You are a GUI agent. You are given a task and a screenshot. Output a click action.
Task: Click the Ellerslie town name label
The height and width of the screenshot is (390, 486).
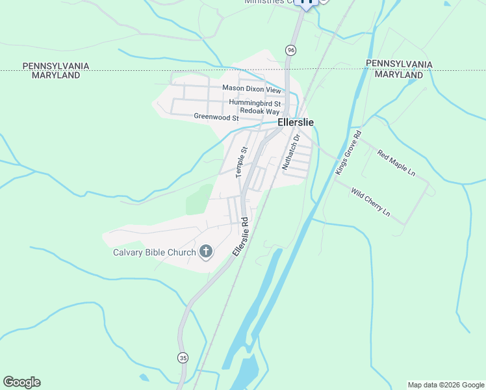296,122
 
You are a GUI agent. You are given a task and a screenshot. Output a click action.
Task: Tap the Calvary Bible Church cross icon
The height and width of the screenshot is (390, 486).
206,252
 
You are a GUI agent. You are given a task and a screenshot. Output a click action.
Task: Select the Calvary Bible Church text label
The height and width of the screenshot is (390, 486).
155,253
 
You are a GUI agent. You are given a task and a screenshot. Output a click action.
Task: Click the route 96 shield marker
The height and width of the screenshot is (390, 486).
290,50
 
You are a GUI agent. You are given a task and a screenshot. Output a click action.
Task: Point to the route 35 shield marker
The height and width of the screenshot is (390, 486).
184,357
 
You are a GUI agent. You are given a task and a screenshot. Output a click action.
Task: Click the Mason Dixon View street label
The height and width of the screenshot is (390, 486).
251,88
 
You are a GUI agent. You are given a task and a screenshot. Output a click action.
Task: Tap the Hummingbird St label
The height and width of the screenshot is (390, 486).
255,103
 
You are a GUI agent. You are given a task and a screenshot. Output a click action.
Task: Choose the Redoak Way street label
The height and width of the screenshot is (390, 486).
259,112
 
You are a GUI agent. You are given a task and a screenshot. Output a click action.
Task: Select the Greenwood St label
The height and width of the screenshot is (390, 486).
216,117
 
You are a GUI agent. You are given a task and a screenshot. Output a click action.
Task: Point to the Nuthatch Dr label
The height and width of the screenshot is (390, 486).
290,152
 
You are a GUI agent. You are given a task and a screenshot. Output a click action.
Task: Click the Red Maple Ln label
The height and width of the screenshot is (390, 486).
396,164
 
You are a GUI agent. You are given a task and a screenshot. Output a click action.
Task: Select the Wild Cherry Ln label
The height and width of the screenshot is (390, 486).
370,201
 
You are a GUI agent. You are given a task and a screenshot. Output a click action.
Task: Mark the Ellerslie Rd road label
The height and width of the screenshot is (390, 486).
240,236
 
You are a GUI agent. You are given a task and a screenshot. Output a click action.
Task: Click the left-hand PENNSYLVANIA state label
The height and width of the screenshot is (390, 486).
55,66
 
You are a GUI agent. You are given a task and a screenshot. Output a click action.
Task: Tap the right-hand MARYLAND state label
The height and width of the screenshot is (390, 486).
399,75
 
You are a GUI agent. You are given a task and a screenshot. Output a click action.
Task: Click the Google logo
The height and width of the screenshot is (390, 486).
21,382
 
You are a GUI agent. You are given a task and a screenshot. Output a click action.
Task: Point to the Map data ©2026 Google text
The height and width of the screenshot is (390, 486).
445,385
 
